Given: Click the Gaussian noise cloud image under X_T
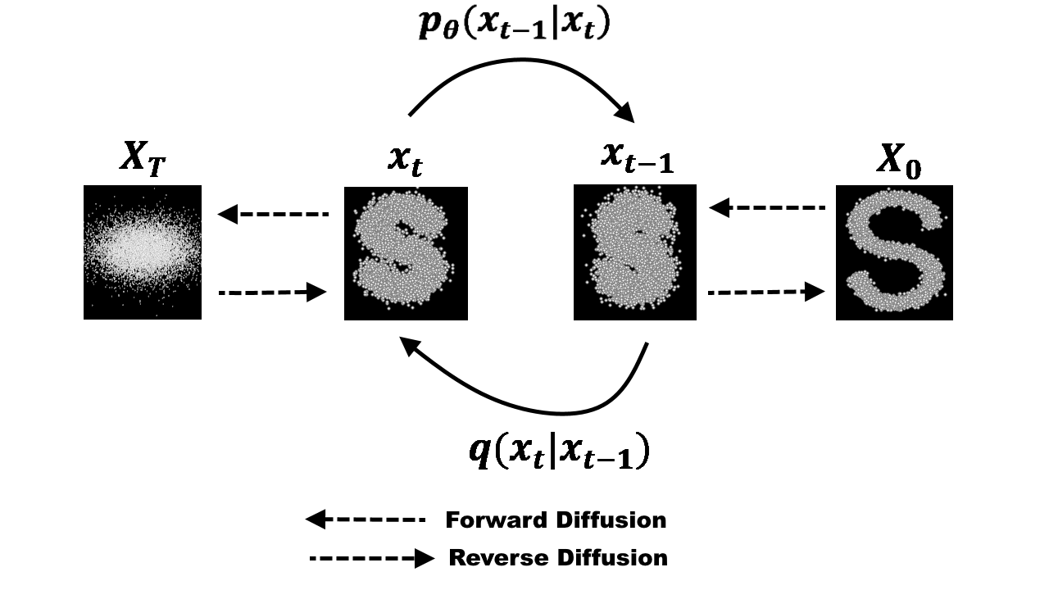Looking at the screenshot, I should point(143,252).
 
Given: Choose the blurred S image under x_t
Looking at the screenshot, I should point(406,253).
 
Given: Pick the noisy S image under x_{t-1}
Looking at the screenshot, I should point(635,252).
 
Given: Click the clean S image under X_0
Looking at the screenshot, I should point(894,252).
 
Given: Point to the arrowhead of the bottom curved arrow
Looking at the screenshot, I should point(410,347).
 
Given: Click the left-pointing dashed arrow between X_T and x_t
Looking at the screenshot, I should point(273,215).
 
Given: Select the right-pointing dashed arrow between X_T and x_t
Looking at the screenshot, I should point(273,292).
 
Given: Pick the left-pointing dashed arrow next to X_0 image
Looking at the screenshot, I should point(767,208).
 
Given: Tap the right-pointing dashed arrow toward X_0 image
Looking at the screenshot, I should point(766,291).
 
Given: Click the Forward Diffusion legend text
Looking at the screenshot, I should point(556,520).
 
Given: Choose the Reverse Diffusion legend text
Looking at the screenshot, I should point(558,558).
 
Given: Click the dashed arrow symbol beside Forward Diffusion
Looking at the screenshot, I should point(366,520).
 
